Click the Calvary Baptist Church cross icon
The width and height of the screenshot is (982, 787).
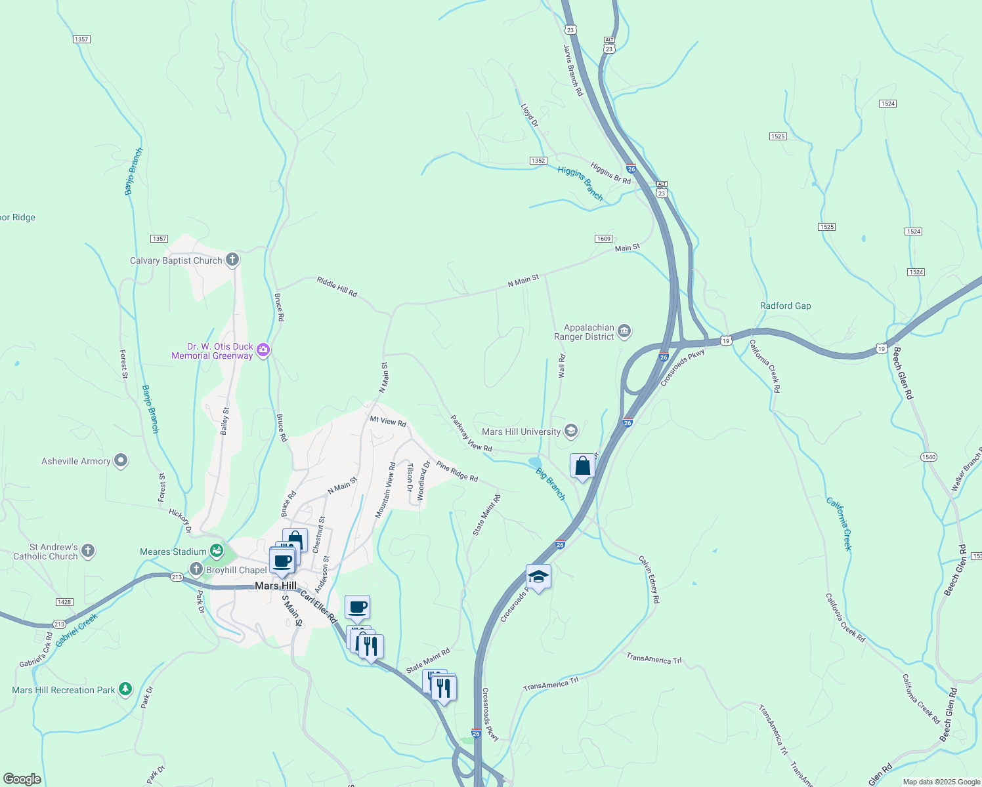pyautogui.click(x=232, y=260)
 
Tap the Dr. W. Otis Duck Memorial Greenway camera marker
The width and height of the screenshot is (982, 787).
pyautogui.click(x=263, y=350)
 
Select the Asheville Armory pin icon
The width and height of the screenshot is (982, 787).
pyautogui.click(x=121, y=461)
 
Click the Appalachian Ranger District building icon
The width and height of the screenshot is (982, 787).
pyautogui.click(x=624, y=331)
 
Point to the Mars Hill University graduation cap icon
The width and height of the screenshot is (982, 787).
pyautogui.click(x=571, y=431)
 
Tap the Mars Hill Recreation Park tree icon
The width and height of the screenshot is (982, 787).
pyautogui.click(x=125, y=689)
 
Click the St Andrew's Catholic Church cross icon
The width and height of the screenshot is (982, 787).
pyautogui.click(x=88, y=551)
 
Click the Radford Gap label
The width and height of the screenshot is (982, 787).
pyautogui.click(x=785, y=306)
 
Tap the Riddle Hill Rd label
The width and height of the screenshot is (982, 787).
pyautogui.click(x=337, y=287)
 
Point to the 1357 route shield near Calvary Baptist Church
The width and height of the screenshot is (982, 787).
pyautogui.click(x=159, y=239)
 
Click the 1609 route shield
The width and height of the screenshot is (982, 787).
pyautogui.click(x=603, y=239)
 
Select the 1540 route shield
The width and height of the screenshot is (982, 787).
pyautogui.click(x=928, y=457)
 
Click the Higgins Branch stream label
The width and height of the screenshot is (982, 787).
pyautogui.click(x=580, y=182)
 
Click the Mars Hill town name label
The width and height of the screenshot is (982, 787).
pyautogui.click(x=276, y=586)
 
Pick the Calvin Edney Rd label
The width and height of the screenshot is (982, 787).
pyautogui.click(x=649, y=579)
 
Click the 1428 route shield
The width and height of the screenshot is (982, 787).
pyautogui.click(x=64, y=602)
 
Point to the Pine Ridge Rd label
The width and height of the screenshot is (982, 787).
pyautogui.click(x=457, y=472)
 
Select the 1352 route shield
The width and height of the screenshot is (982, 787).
pyautogui.click(x=538, y=161)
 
